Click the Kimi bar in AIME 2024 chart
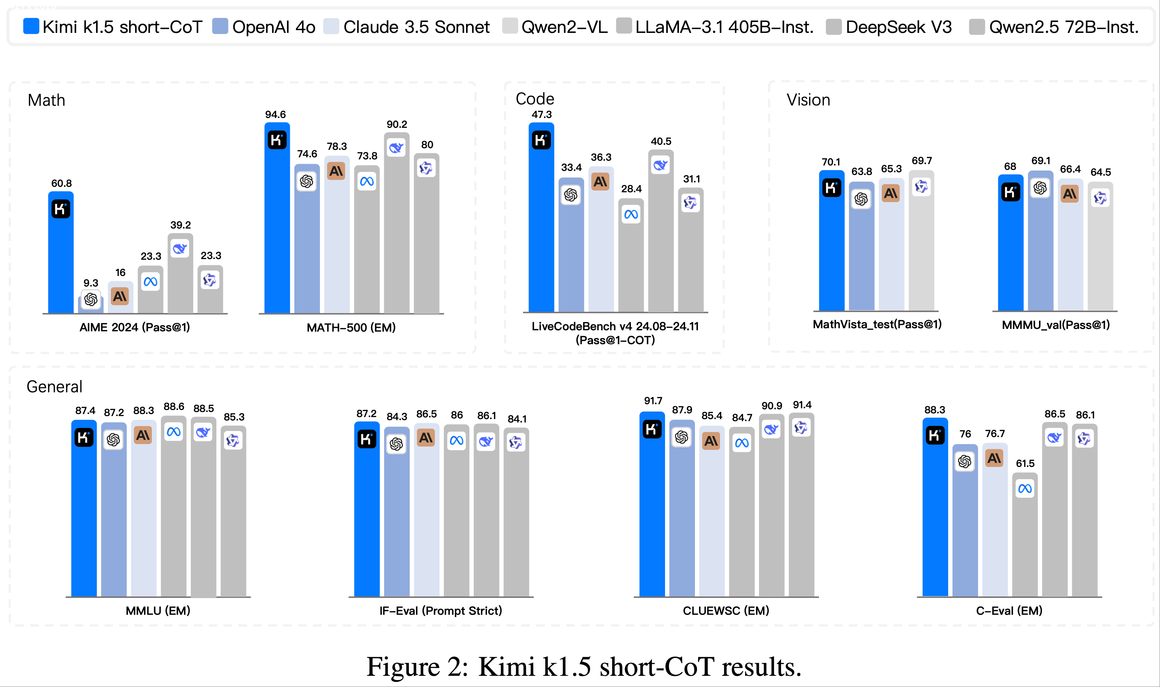point(61,259)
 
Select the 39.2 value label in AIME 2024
point(180,225)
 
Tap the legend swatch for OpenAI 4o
point(220,26)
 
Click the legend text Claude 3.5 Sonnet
point(416,27)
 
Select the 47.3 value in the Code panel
point(541,114)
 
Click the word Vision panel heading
point(808,100)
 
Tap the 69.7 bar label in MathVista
point(922,161)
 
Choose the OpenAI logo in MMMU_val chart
point(1040,188)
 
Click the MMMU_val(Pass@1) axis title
point(1056,325)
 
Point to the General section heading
point(55,387)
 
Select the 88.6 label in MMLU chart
point(174,407)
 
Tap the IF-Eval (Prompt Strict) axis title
point(440,611)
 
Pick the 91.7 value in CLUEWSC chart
point(653,400)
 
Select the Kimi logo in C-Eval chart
point(935,436)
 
